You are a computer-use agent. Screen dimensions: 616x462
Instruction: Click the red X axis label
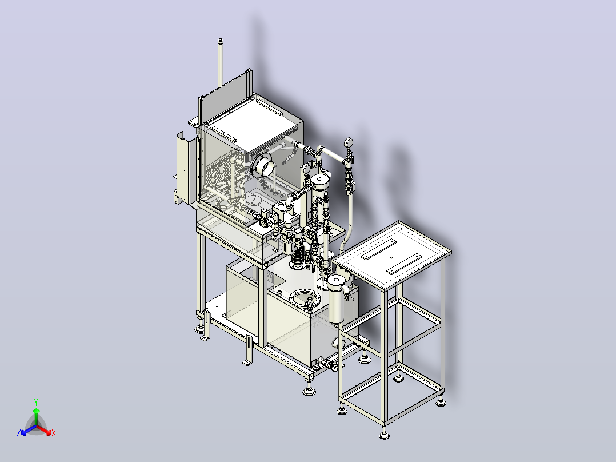click(54, 433)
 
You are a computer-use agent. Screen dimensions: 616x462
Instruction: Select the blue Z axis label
click(19, 432)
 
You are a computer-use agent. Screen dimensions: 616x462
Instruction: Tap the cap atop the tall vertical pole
click(221, 41)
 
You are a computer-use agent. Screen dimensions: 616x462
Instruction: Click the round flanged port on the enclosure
click(262, 165)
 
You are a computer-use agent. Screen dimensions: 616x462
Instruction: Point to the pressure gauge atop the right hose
click(348, 142)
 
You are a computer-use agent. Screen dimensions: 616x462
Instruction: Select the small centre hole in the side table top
click(391, 258)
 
